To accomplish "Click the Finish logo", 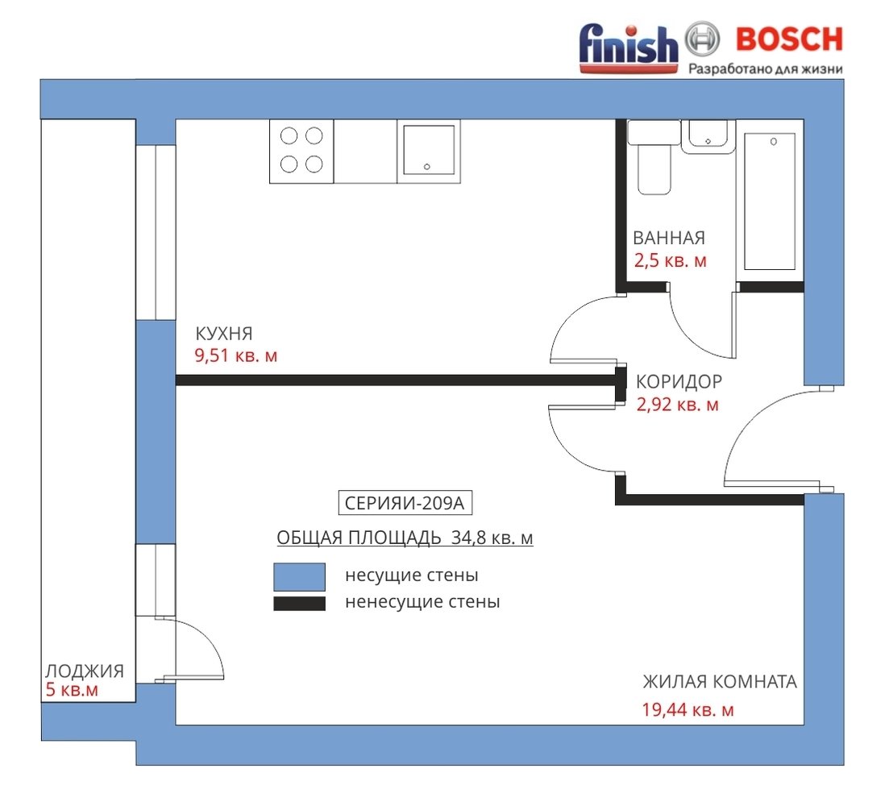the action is pos(629,48).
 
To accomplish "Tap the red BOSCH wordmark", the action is pos(789,39).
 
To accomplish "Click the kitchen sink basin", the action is pos(429,150).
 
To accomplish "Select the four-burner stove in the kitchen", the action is pos(301,151).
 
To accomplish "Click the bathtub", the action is pos(770,201).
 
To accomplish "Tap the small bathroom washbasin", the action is pos(708,136).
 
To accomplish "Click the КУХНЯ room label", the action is pos(223,334).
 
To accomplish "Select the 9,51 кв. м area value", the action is pos(236,355).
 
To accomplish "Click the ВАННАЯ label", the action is pos(669,238).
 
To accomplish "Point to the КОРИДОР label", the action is pos(679,381).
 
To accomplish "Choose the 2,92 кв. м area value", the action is pos(678,405).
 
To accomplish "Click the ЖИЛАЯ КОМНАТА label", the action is pos(720,682).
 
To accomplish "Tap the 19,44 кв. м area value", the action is pos(688,709).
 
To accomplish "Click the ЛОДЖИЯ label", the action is pos(85,671).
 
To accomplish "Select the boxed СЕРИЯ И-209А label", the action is pos(405,503).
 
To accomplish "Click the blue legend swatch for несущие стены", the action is pos(299,576).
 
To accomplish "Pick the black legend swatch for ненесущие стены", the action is pos(299,604).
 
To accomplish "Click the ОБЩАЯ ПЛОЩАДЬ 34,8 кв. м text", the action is pos(405,538).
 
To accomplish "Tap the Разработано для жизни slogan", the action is pos(766,69).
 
